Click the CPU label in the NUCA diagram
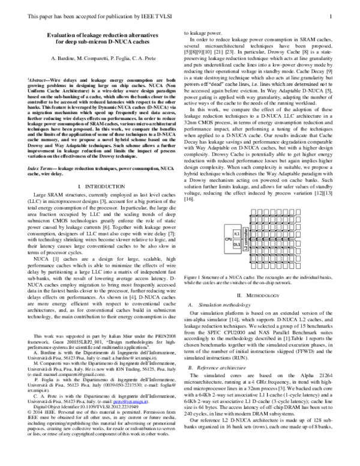[x=228, y=239]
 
